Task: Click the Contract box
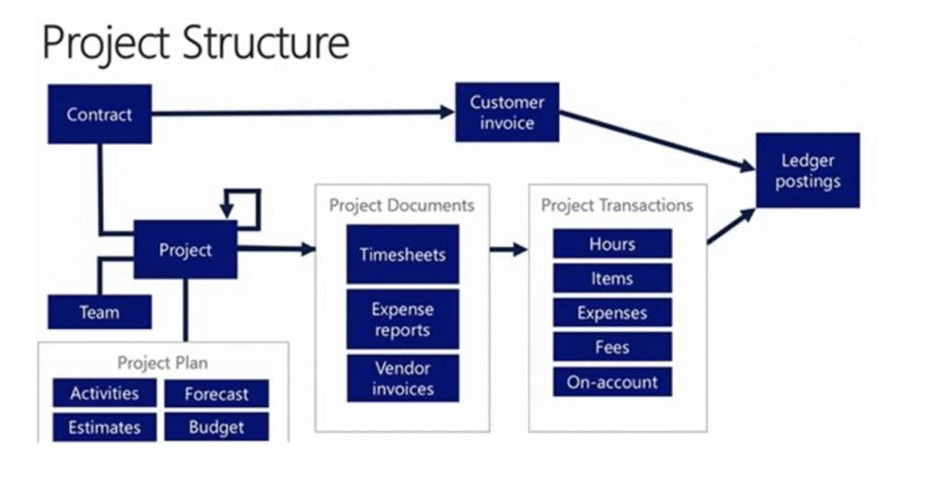pyautogui.click(x=99, y=114)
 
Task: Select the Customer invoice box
pyautogui.click(x=506, y=112)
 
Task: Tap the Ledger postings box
pyautogui.click(x=808, y=170)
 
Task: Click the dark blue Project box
pyautogui.click(x=185, y=250)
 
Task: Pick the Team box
pyautogui.click(x=99, y=312)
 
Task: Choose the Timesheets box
pyautogui.click(x=402, y=254)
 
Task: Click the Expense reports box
pyautogui.click(x=402, y=320)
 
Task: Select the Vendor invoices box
pyautogui.click(x=402, y=378)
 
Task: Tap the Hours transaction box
pyautogui.click(x=612, y=244)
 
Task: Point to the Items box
pyautogui.click(x=612, y=278)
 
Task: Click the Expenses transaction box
pyautogui.click(x=612, y=313)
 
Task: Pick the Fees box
pyautogui.click(x=612, y=347)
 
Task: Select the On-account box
pyautogui.click(x=612, y=382)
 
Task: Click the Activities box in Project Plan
pyautogui.click(x=104, y=393)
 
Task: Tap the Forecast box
pyautogui.click(x=216, y=394)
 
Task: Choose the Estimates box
pyautogui.click(x=104, y=427)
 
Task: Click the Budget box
pyautogui.click(x=216, y=427)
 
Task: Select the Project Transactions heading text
pyautogui.click(x=617, y=204)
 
